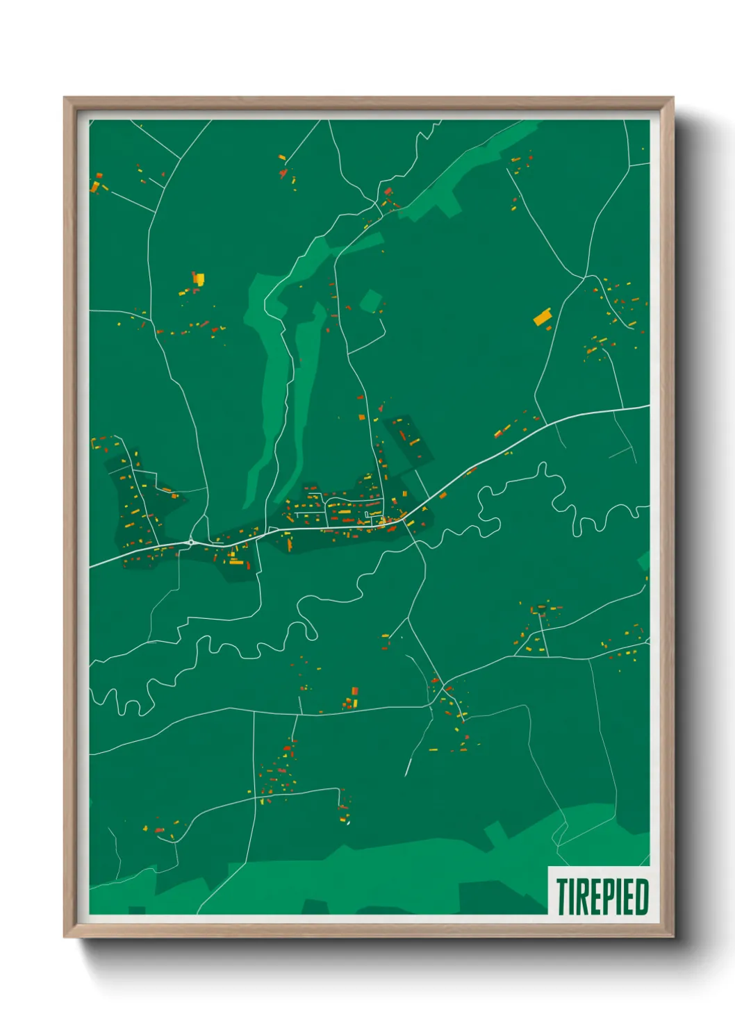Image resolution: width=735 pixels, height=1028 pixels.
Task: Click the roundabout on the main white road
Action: pyautogui.click(x=191, y=542)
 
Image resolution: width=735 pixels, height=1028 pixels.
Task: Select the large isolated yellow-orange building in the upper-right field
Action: pyautogui.click(x=543, y=317)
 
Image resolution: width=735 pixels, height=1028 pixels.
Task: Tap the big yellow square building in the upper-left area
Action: pyautogui.click(x=199, y=279)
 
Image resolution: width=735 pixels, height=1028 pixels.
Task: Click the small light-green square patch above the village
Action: pyautogui.click(x=371, y=301)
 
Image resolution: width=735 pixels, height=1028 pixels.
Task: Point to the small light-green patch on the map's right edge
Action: pyautogui.click(x=644, y=560)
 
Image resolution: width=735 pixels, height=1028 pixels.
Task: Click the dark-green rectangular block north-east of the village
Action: pyautogui.click(x=411, y=439)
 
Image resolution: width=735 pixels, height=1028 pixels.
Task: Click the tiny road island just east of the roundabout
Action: pyautogui.click(x=272, y=531)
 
